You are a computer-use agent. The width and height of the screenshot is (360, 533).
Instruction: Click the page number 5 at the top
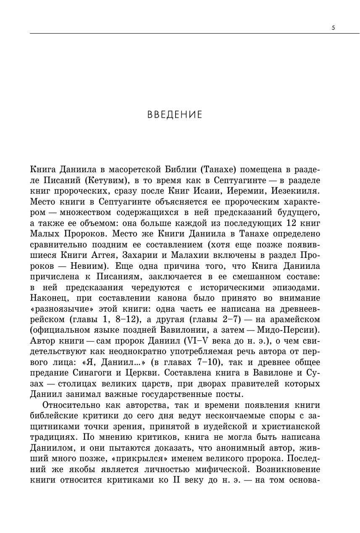[x=333, y=28]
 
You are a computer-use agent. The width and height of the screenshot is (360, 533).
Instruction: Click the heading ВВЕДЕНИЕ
[x=175, y=115]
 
